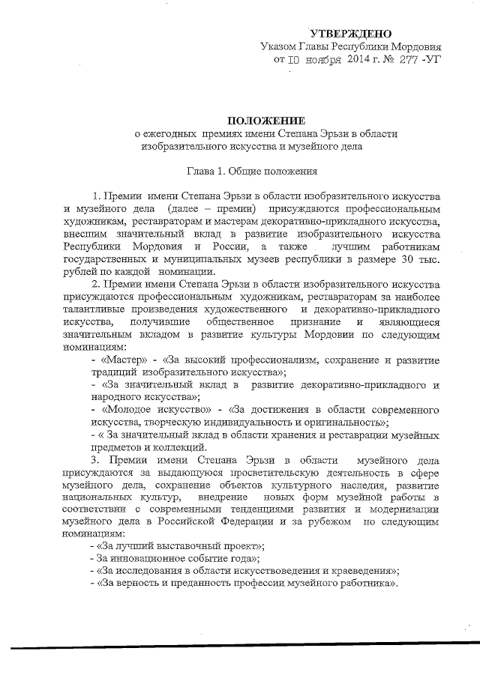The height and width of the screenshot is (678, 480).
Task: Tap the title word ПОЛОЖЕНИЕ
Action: pos(267,121)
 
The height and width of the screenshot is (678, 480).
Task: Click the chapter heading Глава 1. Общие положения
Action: pos(256,170)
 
